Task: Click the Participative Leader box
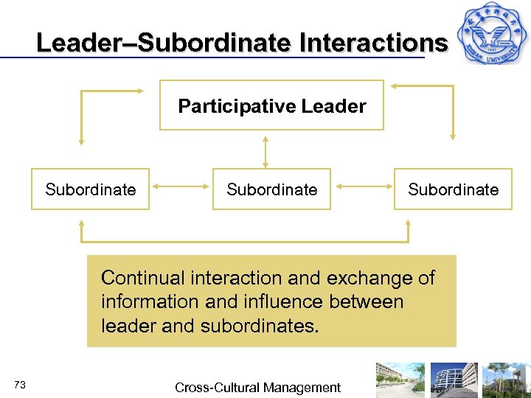[271, 105]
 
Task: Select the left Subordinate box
[90, 189]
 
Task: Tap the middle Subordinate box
[271, 189]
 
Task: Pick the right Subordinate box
[453, 189]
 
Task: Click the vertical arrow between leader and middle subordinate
[265, 150]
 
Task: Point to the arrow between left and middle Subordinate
[181, 189]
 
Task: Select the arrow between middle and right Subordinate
[363, 189]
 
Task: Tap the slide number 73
[20, 385]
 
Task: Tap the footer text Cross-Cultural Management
[257, 388]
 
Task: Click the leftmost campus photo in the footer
[400, 380]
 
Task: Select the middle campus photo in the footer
[454, 380]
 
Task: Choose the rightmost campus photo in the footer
[506, 380]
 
